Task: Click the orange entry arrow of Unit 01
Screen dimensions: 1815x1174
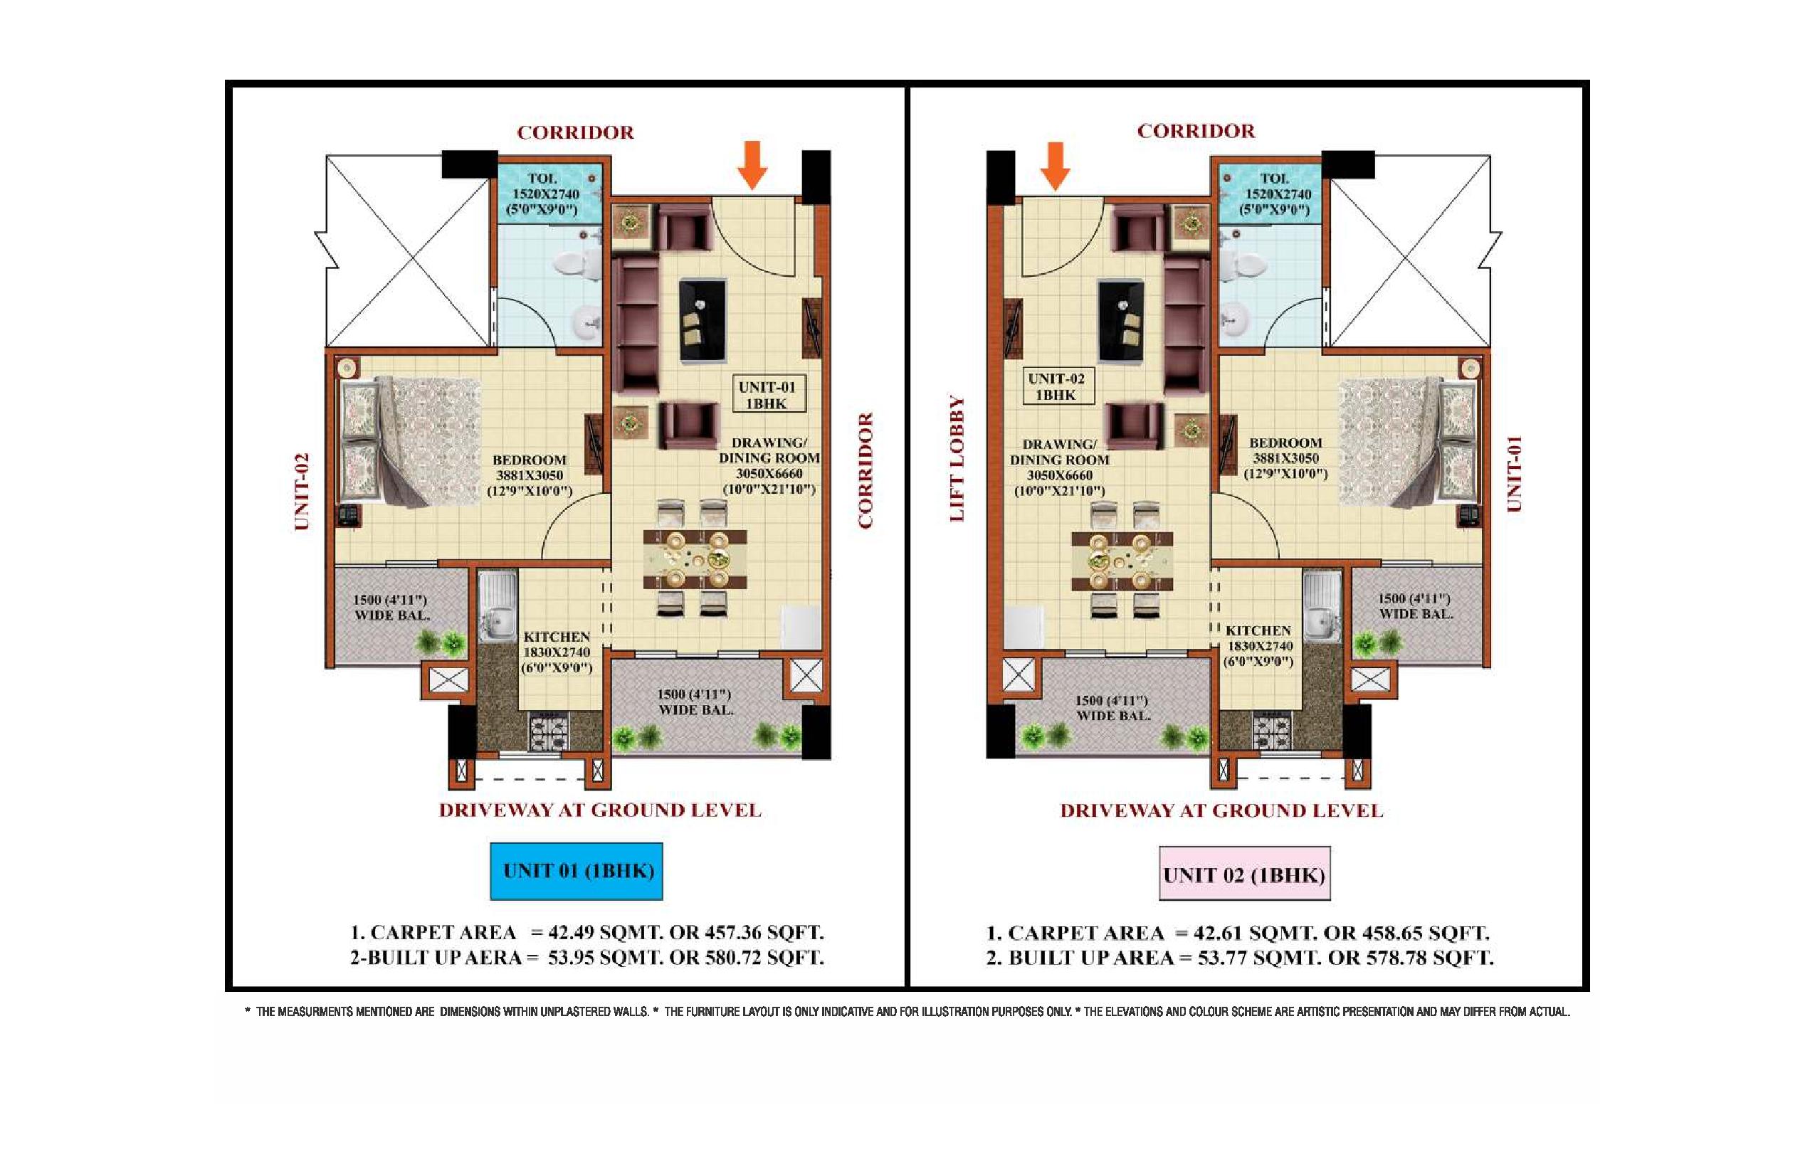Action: [x=753, y=164]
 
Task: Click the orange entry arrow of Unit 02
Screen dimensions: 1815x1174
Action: [x=1056, y=165]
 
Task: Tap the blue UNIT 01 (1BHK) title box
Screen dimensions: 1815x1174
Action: [x=576, y=872]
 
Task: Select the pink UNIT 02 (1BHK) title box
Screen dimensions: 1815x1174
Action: [x=1245, y=874]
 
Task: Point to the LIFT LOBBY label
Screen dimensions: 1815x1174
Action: [x=957, y=458]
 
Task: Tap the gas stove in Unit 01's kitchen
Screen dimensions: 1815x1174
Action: [x=549, y=731]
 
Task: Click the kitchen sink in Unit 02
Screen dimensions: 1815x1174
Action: [x=1322, y=606]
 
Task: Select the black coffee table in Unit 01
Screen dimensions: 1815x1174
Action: [x=703, y=320]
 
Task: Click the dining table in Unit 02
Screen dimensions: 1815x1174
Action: [x=1122, y=562]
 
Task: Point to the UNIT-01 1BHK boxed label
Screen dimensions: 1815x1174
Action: [x=768, y=394]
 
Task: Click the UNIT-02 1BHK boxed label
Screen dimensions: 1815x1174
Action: [x=1057, y=386]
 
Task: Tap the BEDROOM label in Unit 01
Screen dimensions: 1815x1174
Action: [x=530, y=460]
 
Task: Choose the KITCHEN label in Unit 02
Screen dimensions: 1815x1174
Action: [x=1258, y=630]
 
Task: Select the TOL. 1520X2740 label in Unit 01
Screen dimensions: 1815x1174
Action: [x=544, y=186]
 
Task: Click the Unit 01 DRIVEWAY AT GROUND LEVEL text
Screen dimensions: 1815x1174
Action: [x=600, y=810]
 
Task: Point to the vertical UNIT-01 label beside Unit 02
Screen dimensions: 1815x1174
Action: [x=1514, y=473]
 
